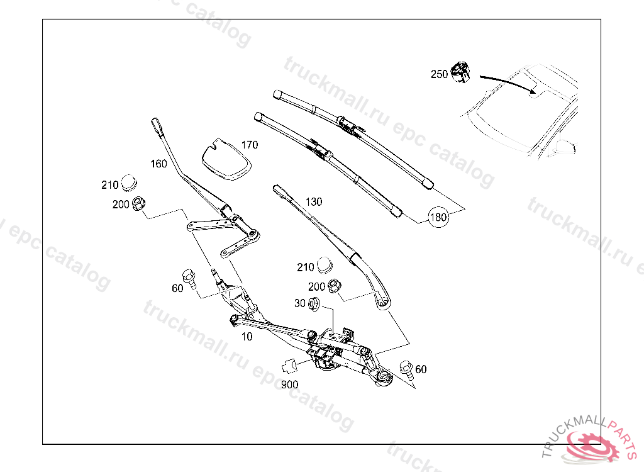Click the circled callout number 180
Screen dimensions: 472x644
point(438,218)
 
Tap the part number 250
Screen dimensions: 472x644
point(439,74)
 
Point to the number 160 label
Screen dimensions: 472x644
point(158,164)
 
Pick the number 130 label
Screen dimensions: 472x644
point(313,202)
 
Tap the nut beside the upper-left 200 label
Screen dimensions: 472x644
point(141,203)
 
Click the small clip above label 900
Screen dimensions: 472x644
point(291,364)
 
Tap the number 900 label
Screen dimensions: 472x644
point(289,384)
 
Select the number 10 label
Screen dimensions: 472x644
point(247,337)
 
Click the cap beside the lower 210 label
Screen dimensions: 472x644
point(325,265)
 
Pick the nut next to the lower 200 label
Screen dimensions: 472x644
point(335,285)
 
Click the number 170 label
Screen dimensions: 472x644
point(249,145)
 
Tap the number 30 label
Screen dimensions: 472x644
point(299,304)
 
